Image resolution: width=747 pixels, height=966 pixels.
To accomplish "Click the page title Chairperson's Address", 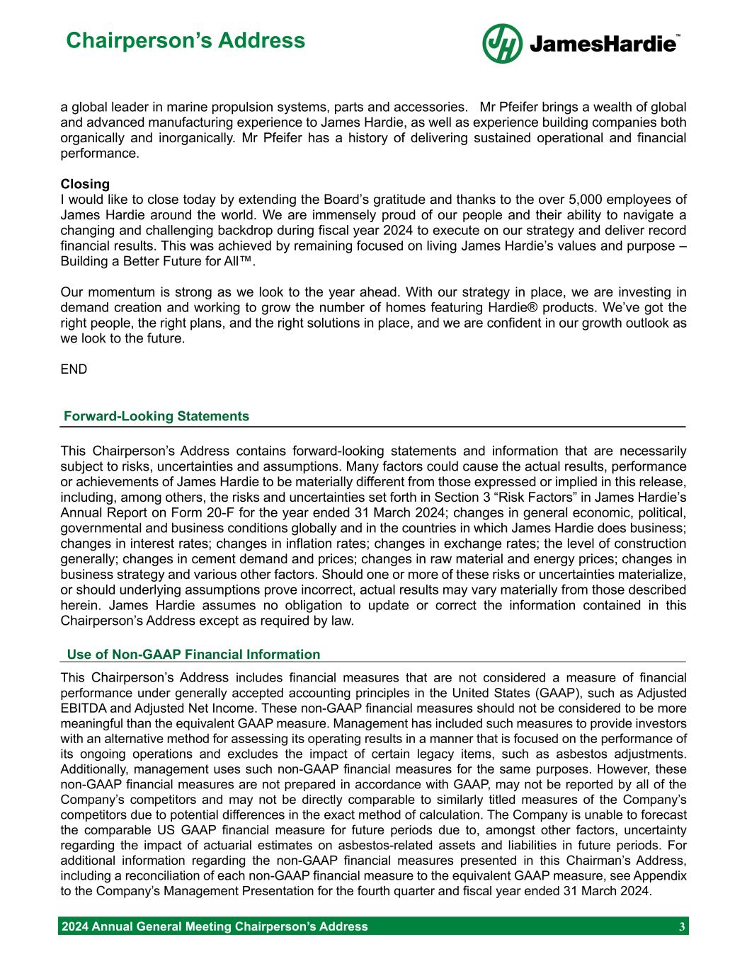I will click(186, 40).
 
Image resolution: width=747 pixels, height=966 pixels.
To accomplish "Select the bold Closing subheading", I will click(85, 185).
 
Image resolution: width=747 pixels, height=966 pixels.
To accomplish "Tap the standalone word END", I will click(74, 369).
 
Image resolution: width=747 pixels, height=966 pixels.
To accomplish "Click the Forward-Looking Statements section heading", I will click(156, 416).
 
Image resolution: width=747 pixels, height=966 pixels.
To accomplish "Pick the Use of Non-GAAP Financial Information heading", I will click(193, 655).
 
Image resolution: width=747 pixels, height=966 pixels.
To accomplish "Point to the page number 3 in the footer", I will click(681, 926).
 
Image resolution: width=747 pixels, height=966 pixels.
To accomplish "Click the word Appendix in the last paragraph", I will click(662, 876).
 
